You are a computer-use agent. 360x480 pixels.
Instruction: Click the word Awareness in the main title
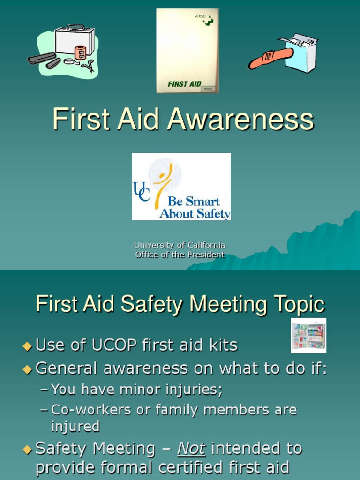click(x=240, y=120)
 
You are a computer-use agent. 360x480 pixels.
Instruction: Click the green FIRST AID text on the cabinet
click(x=184, y=84)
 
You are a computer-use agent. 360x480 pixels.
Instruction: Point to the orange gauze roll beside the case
click(x=81, y=52)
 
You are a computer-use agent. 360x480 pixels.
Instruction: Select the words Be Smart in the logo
click(x=194, y=202)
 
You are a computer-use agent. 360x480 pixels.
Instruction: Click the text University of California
click(x=180, y=245)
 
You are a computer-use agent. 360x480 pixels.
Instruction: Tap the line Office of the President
click(x=180, y=255)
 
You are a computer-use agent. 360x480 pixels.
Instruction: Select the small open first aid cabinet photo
click(x=308, y=336)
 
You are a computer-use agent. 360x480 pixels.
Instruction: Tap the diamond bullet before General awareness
click(x=27, y=369)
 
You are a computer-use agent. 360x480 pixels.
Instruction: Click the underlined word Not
click(x=191, y=449)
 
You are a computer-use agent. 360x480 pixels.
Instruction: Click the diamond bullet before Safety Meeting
click(x=27, y=450)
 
